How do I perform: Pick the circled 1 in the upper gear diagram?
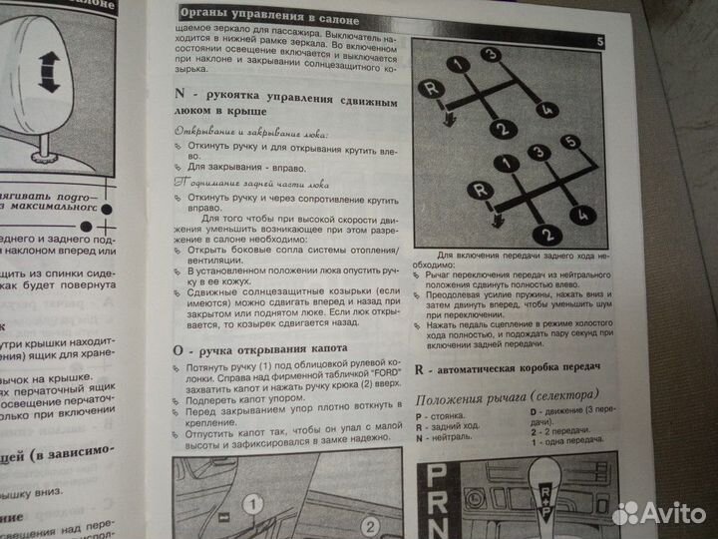click(x=457, y=65)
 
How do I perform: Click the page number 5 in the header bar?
click(x=600, y=41)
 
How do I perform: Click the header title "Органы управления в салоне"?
click(x=262, y=13)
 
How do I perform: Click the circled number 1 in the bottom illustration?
click(x=252, y=503)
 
